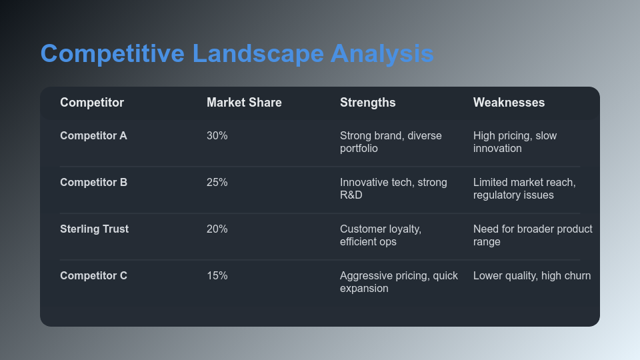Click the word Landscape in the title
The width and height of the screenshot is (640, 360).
tap(258, 54)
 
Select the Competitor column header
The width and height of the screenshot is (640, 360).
tap(92, 103)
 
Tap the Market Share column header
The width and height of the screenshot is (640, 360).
tap(244, 103)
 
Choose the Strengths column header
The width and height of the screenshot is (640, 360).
tap(367, 103)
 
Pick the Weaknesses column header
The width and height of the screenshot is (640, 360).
tap(509, 103)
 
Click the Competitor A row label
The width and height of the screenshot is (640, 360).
tap(93, 136)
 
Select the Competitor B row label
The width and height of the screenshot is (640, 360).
tap(93, 183)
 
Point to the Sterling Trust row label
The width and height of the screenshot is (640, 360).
tap(94, 229)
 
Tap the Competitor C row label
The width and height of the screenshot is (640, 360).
tap(93, 276)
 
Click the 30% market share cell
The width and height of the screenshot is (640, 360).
tap(217, 136)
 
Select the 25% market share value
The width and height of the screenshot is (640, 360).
tap(217, 183)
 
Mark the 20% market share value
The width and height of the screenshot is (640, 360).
tap(217, 229)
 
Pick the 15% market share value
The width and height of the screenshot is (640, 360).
tap(217, 276)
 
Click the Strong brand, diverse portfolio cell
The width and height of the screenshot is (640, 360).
tap(391, 142)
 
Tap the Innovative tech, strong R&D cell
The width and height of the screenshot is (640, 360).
tap(393, 189)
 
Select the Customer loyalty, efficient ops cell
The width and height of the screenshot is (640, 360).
tap(381, 235)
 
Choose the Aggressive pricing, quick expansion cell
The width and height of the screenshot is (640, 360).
tap(399, 282)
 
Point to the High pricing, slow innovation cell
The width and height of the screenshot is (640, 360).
tap(515, 142)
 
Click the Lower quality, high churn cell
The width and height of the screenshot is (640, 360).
tap(532, 276)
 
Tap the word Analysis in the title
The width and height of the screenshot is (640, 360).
tap(382, 54)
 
